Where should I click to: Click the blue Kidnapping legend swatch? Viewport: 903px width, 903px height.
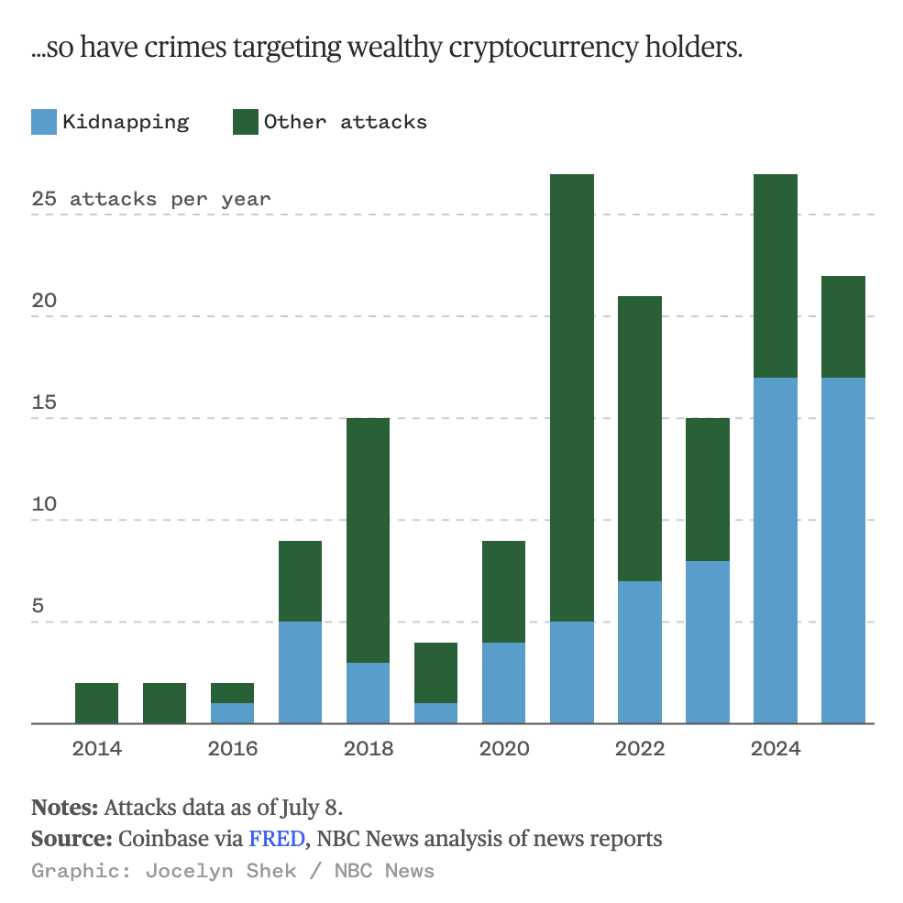(44, 122)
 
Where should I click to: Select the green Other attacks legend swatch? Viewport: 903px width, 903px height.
(246, 122)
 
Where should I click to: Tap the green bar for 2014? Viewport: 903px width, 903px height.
(96, 703)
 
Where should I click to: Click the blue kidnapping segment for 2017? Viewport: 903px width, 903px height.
(300, 672)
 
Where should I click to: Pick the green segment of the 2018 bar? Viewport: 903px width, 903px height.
(368, 540)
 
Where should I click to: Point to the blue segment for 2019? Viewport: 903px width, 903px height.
(435, 713)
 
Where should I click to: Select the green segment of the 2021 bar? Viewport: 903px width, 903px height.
(571, 397)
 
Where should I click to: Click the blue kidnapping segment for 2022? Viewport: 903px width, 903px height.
(639, 652)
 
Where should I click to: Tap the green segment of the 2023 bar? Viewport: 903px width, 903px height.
(707, 489)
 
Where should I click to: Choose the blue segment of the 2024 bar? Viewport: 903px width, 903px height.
(775, 550)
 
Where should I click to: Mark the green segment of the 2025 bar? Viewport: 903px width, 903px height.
(842, 326)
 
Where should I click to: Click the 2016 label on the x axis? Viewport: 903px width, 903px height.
(233, 749)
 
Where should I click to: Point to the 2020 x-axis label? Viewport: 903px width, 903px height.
(504, 749)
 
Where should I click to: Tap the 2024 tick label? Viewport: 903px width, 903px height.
(776, 749)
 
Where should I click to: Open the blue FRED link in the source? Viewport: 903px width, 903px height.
(276, 838)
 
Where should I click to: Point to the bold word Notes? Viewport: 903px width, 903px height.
(64, 808)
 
